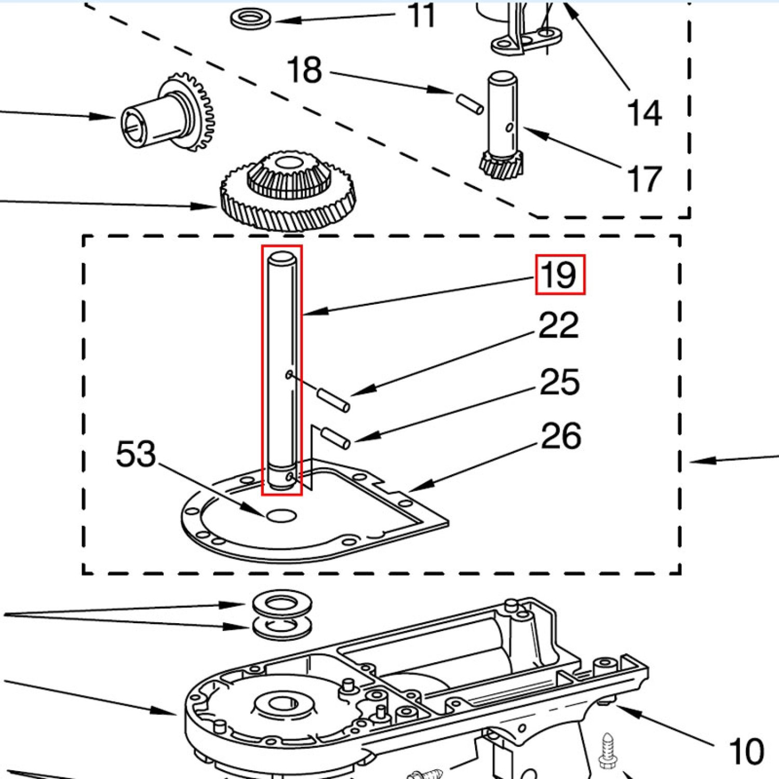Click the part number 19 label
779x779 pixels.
560,275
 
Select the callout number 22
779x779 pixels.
558,326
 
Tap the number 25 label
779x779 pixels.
559,382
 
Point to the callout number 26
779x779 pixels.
560,436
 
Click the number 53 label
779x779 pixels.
136,453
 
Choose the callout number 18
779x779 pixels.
304,70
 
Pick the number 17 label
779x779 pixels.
644,179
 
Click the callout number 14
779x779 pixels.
644,113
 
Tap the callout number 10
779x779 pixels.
746,751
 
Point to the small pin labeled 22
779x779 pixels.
333,400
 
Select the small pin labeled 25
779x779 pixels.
336,437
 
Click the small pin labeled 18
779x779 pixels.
470,103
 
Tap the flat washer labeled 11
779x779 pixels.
250,19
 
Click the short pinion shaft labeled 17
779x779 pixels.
502,125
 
